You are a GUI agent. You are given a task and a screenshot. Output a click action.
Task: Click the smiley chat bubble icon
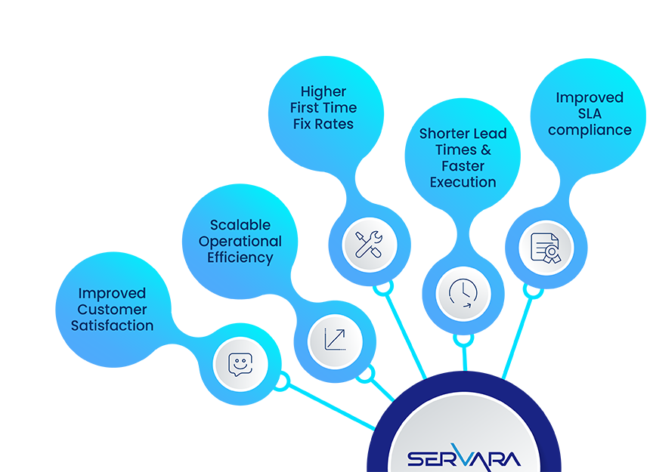240,364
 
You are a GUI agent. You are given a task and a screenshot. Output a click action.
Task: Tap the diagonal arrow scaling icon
335,341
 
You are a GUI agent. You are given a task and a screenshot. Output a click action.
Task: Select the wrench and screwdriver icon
370,243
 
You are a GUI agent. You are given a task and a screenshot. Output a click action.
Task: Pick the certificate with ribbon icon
546,248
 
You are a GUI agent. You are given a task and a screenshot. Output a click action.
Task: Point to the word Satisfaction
113,326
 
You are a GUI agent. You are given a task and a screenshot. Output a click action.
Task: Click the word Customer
113,310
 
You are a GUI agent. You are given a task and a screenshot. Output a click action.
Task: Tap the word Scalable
240,225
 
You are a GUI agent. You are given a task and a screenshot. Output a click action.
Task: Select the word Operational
240,242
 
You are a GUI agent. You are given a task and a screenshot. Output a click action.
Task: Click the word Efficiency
240,258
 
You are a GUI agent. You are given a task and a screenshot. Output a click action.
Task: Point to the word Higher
323,91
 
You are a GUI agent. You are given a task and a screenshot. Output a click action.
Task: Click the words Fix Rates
323,124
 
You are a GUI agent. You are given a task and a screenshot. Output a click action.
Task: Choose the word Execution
463,182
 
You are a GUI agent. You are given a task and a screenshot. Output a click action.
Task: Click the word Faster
463,166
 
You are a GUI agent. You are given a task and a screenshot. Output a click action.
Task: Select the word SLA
590,114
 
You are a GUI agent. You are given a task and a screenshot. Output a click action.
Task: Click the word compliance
590,130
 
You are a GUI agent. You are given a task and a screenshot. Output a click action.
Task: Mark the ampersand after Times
485,150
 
